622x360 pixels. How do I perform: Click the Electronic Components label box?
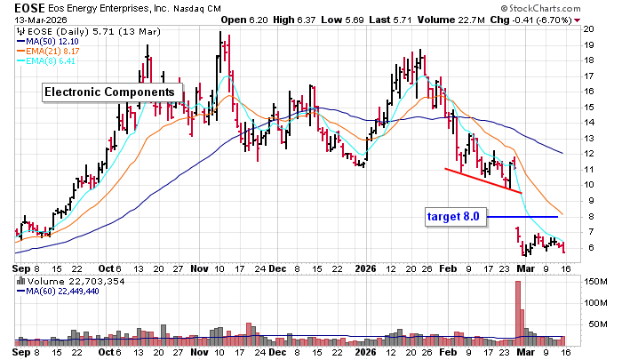(x=110, y=92)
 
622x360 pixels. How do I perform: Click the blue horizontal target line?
(x=523, y=216)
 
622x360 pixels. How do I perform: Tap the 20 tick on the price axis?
(x=588, y=28)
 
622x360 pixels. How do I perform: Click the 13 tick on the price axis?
(x=588, y=138)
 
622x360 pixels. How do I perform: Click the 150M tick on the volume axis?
(x=593, y=282)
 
